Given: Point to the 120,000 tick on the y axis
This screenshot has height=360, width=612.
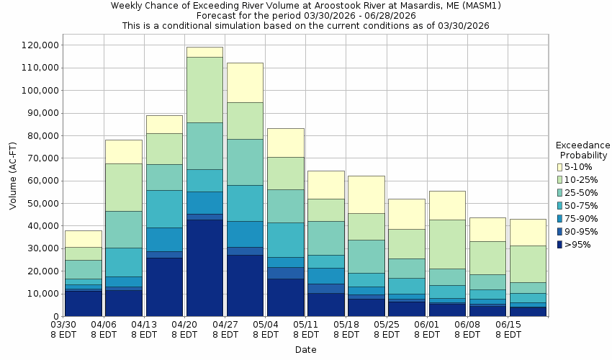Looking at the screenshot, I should click(37, 45).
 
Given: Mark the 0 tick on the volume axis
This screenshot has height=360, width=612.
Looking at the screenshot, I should click(53, 317).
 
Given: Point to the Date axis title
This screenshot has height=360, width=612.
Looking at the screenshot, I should click(305, 350).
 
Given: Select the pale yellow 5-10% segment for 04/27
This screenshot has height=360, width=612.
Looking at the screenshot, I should click(245, 82).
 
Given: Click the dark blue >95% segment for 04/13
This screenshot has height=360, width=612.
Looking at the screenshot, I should click(164, 287).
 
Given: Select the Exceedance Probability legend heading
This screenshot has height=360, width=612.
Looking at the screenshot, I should click(583, 150).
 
